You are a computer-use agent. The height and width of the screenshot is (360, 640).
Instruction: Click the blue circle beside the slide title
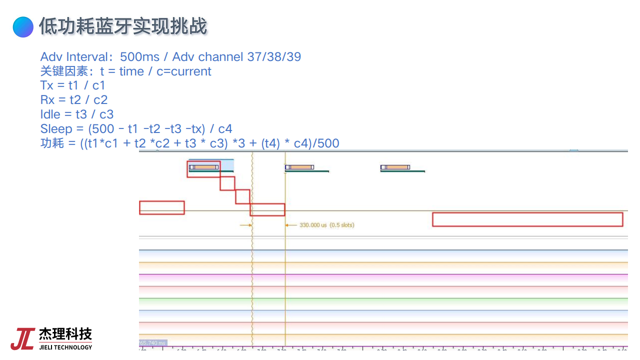pyautogui.click(x=23, y=26)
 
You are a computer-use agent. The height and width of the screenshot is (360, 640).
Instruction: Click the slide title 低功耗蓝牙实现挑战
pyautogui.click(x=123, y=26)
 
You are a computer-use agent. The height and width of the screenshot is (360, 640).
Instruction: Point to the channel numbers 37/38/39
pyautogui.click(x=274, y=57)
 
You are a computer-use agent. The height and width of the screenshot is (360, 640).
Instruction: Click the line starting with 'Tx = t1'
pyautogui.click(x=73, y=85)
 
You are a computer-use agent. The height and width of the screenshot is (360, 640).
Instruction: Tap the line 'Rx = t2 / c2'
pyautogui.click(x=74, y=100)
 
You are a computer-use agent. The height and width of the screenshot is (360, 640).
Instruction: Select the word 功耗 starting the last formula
pyautogui.click(x=52, y=143)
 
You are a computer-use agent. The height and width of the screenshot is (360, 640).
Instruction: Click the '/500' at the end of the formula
pyautogui.click(x=327, y=143)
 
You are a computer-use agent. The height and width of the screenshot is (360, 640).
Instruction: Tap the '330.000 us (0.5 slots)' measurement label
pyautogui.click(x=327, y=225)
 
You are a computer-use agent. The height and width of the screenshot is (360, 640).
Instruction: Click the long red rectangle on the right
pyautogui.click(x=527, y=219)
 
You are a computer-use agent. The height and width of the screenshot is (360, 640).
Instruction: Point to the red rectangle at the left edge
pyautogui.click(x=161, y=207)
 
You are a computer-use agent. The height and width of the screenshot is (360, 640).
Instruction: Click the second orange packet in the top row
pyautogui.click(x=299, y=167)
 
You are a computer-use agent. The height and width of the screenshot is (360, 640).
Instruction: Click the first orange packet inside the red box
pyautogui.click(x=204, y=167)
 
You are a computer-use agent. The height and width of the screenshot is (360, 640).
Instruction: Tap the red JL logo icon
pyautogui.click(x=22, y=339)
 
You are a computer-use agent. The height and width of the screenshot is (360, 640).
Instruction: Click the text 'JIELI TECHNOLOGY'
pyautogui.click(x=65, y=347)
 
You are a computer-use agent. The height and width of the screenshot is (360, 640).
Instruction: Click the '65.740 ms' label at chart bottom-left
pyautogui.click(x=152, y=343)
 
